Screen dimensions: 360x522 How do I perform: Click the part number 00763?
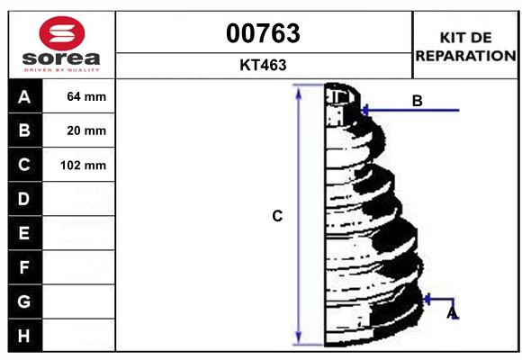point(263,34)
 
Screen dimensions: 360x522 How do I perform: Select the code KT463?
point(263,65)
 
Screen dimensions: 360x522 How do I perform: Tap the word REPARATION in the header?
point(464,55)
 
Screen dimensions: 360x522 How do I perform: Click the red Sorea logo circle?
point(62,33)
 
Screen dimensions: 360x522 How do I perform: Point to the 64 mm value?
point(86,96)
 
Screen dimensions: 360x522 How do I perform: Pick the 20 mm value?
point(86,130)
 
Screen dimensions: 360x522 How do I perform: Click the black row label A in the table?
point(24,96)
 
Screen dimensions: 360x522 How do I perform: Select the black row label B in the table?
point(24,130)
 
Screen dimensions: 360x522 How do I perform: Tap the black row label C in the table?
point(24,165)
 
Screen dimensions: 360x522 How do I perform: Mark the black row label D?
point(24,199)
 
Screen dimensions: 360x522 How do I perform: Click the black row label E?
point(24,233)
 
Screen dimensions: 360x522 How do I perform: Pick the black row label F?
point(24,267)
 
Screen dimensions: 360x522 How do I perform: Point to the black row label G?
point(24,301)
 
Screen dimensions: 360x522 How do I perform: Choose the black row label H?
point(24,336)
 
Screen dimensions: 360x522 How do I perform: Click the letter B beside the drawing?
point(417,101)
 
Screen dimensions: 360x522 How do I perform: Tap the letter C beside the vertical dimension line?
point(278,216)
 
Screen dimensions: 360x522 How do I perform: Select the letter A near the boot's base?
point(452,312)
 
